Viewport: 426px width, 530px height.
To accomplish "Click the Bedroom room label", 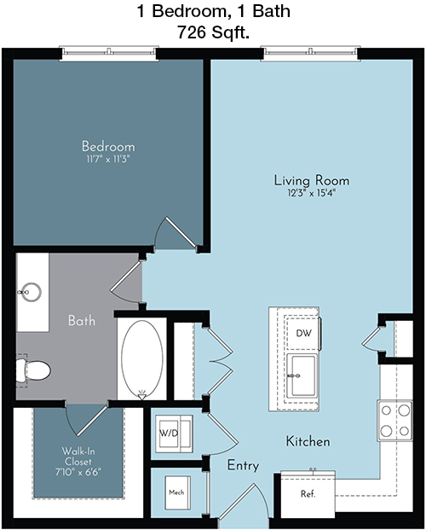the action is click(x=108, y=146).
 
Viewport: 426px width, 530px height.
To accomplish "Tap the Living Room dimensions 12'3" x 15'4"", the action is click(x=312, y=194).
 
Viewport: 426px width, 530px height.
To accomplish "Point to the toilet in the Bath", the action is click(x=33, y=370).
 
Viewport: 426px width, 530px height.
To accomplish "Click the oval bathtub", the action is click(x=142, y=359).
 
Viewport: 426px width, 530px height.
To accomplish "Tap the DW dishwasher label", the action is click(x=303, y=334).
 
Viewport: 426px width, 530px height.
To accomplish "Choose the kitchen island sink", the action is click(x=302, y=376).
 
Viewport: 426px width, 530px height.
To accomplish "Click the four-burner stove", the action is click(x=394, y=421).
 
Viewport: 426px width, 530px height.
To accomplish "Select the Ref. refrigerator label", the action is click(x=308, y=494).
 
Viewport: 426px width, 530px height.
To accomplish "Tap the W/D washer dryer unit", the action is click(x=174, y=434).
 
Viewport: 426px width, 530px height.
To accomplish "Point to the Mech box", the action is click(x=177, y=492).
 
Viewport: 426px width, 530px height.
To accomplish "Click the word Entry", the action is click(x=243, y=465).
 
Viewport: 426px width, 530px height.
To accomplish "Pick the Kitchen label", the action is click(x=308, y=441).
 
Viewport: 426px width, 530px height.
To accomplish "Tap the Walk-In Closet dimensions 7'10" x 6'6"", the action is click(x=78, y=472).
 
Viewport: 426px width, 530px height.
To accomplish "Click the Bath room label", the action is click(x=82, y=320).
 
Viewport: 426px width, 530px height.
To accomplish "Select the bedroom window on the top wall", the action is click(x=109, y=54).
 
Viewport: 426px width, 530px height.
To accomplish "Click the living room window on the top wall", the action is click(x=310, y=54).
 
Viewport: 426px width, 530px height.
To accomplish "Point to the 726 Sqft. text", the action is click(x=213, y=32).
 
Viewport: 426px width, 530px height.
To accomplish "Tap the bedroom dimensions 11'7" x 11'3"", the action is click(x=108, y=159).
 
